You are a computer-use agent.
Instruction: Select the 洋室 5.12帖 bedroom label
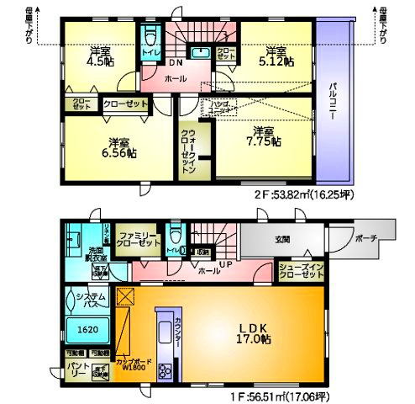[x=276, y=55]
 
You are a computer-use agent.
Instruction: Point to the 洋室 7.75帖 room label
[x=264, y=136]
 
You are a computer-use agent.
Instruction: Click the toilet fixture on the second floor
[x=152, y=38]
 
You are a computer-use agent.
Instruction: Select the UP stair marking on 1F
[x=224, y=265]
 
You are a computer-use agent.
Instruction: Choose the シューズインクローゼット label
[x=300, y=271]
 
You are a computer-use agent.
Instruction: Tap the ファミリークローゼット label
[x=139, y=238]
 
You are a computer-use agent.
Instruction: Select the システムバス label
[x=85, y=300]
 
